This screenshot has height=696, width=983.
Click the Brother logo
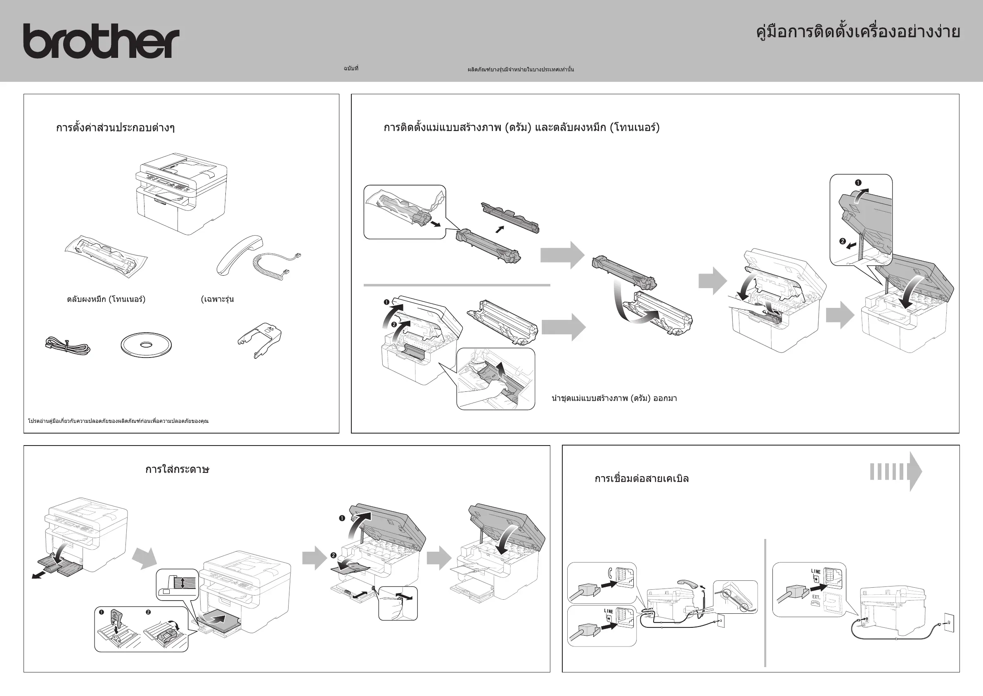click(x=101, y=41)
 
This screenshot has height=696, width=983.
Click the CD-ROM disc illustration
click(x=146, y=344)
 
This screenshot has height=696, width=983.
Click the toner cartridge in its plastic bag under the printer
click(x=106, y=255)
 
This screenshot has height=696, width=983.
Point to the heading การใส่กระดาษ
click(x=177, y=469)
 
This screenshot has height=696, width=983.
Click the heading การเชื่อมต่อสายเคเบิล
click(x=641, y=479)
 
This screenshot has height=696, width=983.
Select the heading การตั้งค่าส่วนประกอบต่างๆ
click(x=115, y=128)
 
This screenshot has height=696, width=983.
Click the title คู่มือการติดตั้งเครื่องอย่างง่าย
click(x=858, y=32)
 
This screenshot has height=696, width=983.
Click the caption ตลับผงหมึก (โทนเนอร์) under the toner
click(x=106, y=299)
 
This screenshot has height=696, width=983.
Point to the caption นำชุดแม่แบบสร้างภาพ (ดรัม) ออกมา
click(x=614, y=398)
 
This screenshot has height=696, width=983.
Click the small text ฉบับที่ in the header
click(x=351, y=69)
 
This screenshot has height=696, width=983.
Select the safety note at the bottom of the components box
click(x=118, y=421)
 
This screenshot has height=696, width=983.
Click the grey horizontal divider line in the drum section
click(x=456, y=285)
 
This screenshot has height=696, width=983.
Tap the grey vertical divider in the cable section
click(x=765, y=603)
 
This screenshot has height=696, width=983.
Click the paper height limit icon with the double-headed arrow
click(x=177, y=584)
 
